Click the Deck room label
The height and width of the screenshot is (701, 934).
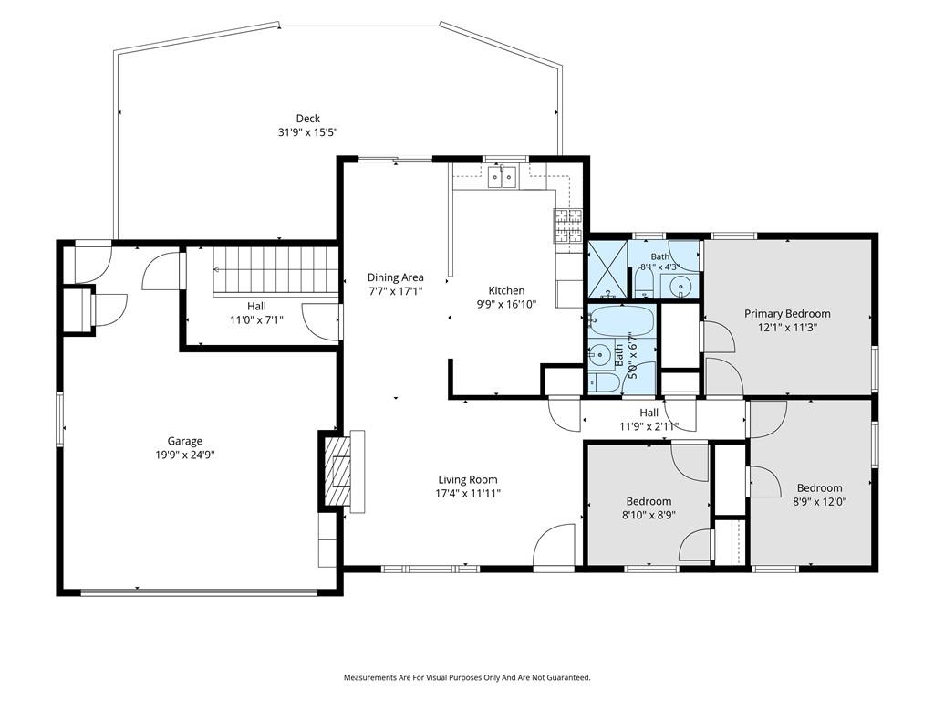308,119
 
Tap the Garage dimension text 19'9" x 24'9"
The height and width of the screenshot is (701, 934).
184,455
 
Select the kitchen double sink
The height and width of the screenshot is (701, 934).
502,177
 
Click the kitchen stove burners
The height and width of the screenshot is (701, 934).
567,226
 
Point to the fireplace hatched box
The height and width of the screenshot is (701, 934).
337,472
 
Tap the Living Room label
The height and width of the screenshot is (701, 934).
468,479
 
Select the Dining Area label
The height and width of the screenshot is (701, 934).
396,277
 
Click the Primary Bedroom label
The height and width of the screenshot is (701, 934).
787,314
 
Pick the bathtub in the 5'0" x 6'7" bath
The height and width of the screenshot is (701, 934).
622,321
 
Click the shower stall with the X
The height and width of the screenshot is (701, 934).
607,269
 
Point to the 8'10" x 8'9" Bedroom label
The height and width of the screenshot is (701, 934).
649,501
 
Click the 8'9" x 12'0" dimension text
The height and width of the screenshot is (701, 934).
820,502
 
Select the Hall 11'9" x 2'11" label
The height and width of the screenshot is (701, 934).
649,419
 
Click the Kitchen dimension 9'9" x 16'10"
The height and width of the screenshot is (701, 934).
506,304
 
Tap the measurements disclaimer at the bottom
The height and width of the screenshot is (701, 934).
467,678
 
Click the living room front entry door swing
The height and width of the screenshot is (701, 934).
554,545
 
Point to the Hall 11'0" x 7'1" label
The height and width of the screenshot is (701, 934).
256,313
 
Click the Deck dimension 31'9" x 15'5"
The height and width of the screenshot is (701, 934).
308,132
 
